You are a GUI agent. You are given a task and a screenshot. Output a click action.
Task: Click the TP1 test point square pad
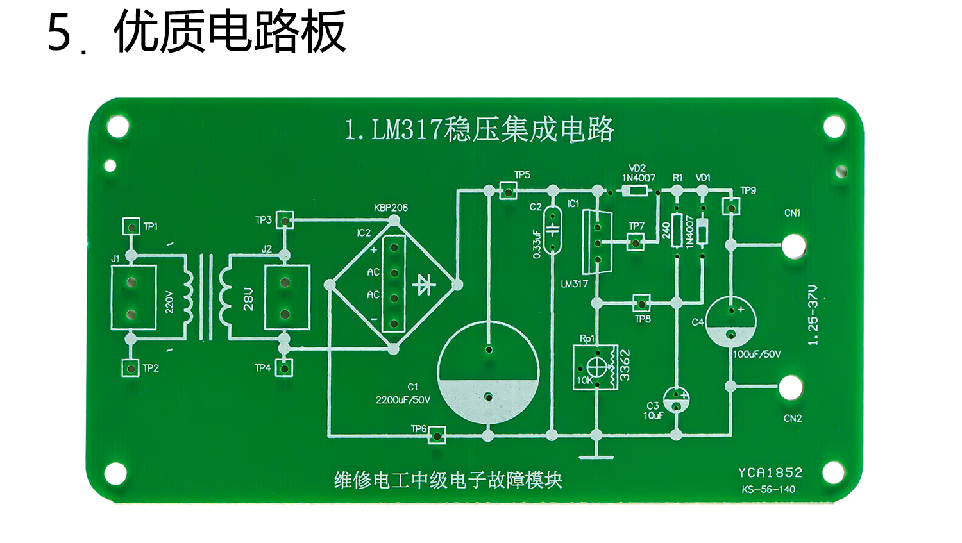point(131,226)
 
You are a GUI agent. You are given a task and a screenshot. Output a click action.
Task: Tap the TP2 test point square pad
point(130,368)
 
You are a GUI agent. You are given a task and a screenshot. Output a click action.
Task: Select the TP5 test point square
point(508,190)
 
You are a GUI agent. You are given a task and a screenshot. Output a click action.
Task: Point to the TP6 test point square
point(437,435)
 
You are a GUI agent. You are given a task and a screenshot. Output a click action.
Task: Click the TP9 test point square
point(731,206)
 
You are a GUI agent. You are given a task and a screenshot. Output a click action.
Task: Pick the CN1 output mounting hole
point(793,245)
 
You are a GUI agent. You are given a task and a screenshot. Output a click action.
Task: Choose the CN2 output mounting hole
point(791,387)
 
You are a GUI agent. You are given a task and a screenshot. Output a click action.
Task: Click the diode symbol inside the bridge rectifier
point(424,284)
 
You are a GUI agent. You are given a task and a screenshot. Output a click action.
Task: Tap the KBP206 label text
point(391,208)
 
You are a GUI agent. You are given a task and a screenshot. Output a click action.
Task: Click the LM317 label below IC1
point(574,283)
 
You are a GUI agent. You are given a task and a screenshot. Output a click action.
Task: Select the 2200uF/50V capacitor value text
point(403,400)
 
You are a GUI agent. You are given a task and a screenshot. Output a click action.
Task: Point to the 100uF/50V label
point(757,354)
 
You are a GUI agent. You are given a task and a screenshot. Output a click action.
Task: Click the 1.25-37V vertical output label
point(813,315)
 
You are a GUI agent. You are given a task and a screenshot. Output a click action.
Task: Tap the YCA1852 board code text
point(770,473)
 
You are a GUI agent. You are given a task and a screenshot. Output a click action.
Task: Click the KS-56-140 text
point(768,489)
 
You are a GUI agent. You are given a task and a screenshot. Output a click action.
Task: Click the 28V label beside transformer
point(248,299)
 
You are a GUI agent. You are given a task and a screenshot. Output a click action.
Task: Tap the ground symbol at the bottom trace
point(596,456)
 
